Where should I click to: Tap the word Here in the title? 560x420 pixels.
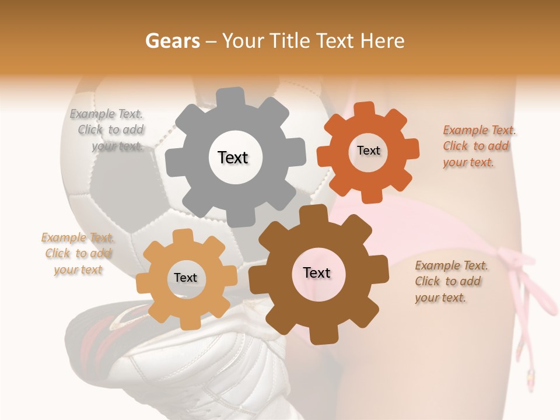coord(382,41)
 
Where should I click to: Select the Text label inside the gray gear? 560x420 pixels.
coord(233,157)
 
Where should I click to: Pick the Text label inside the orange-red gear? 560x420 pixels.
coord(368,150)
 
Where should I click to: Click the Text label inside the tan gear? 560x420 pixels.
coord(185,278)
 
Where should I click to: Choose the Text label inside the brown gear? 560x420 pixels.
coord(317,273)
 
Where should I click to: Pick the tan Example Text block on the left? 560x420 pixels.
coord(78,254)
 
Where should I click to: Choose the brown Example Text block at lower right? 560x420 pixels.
coord(450,282)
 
